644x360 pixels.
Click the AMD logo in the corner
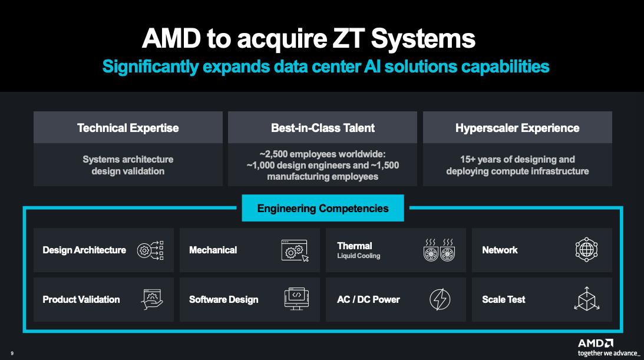[x=596, y=343]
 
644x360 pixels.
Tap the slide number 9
[x=12, y=354]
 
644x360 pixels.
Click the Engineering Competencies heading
[x=323, y=208]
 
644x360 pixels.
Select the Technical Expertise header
[x=128, y=128]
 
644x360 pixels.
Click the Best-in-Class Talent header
[x=323, y=128]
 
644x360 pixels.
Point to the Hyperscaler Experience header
[x=517, y=128]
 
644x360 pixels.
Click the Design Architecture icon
[x=150, y=250]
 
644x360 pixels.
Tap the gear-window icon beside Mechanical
[x=295, y=250]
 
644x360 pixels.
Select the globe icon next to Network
[x=586, y=250]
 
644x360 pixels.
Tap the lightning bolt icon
[x=440, y=299]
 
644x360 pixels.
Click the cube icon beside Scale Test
[x=586, y=299]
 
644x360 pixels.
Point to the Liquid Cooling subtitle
[x=358, y=256]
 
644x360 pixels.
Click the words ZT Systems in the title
[x=407, y=39]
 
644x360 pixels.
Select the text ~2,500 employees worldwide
[x=323, y=154]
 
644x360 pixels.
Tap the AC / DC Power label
[x=368, y=299]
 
